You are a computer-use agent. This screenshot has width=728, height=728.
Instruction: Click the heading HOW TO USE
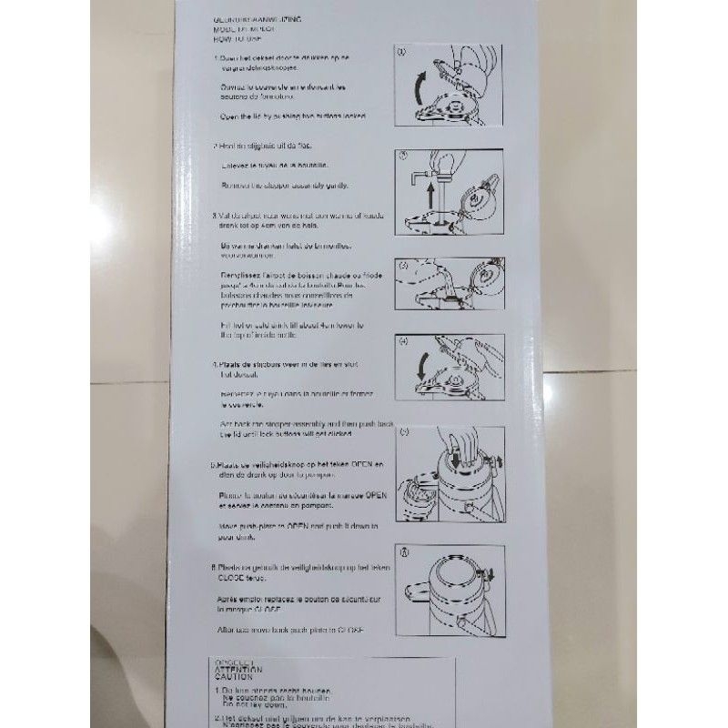[x=233, y=39]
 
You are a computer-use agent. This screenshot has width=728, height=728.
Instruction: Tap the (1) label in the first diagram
[x=404, y=53]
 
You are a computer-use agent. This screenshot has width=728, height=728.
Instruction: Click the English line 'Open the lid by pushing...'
[x=294, y=117]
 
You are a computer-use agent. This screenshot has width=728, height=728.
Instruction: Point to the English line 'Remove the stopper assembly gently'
[x=285, y=185]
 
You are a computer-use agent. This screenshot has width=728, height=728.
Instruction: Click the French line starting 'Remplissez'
[x=303, y=274]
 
